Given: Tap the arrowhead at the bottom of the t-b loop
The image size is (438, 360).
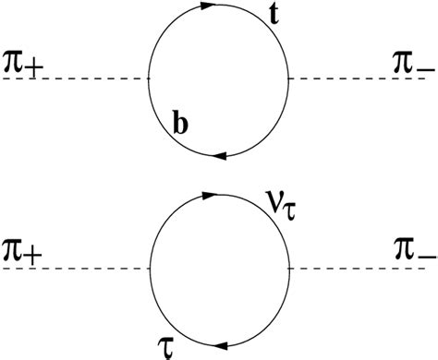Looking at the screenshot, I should click(x=218, y=156).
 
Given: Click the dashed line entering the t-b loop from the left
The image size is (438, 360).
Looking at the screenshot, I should click(x=74, y=80).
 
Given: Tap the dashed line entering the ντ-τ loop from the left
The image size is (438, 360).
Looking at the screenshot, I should click(x=74, y=269).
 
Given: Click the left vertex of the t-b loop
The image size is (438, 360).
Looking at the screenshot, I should click(x=148, y=80).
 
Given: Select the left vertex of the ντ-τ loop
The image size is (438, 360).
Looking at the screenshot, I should click(x=149, y=269).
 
